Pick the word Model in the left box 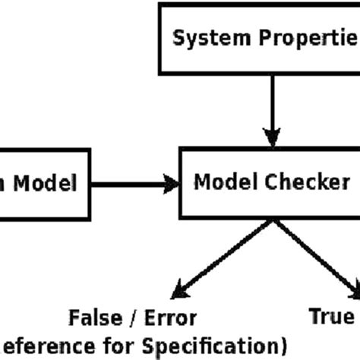click(47, 183)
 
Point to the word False click(93, 317)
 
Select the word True click(331, 316)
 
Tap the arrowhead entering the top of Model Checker click(270, 139)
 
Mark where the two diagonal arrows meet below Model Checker click(270, 221)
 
